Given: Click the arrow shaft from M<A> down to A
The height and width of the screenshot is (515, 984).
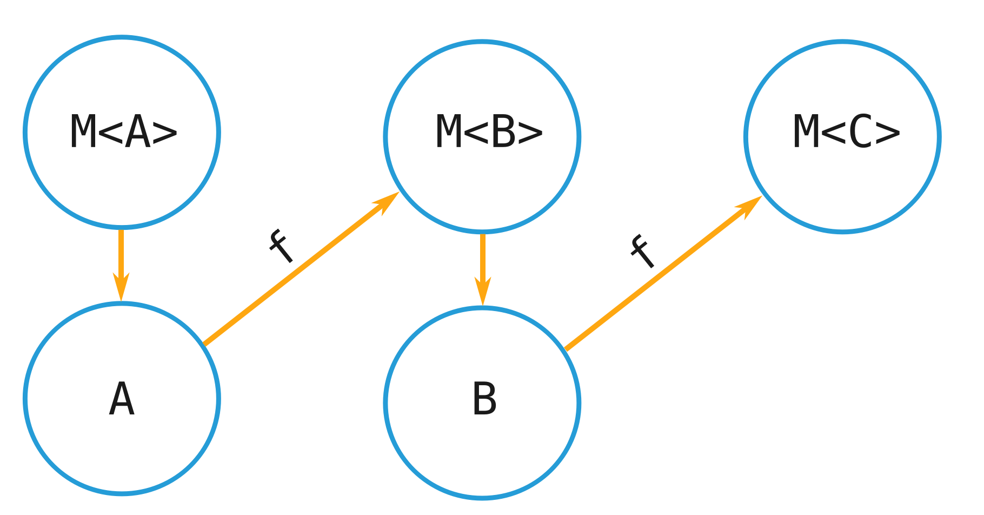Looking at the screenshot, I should click(x=121, y=254).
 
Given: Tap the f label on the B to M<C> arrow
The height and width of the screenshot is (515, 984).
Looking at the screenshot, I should click(x=643, y=252).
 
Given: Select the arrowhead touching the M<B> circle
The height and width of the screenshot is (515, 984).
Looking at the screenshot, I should click(x=386, y=202).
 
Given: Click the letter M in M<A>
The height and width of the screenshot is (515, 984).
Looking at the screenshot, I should click(x=83, y=132).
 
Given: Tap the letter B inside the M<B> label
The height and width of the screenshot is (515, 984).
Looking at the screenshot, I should click(x=503, y=133).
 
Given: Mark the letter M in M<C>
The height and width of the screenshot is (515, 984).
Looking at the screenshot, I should click(x=806, y=133).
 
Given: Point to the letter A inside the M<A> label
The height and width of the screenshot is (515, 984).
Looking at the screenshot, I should click(x=137, y=132).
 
